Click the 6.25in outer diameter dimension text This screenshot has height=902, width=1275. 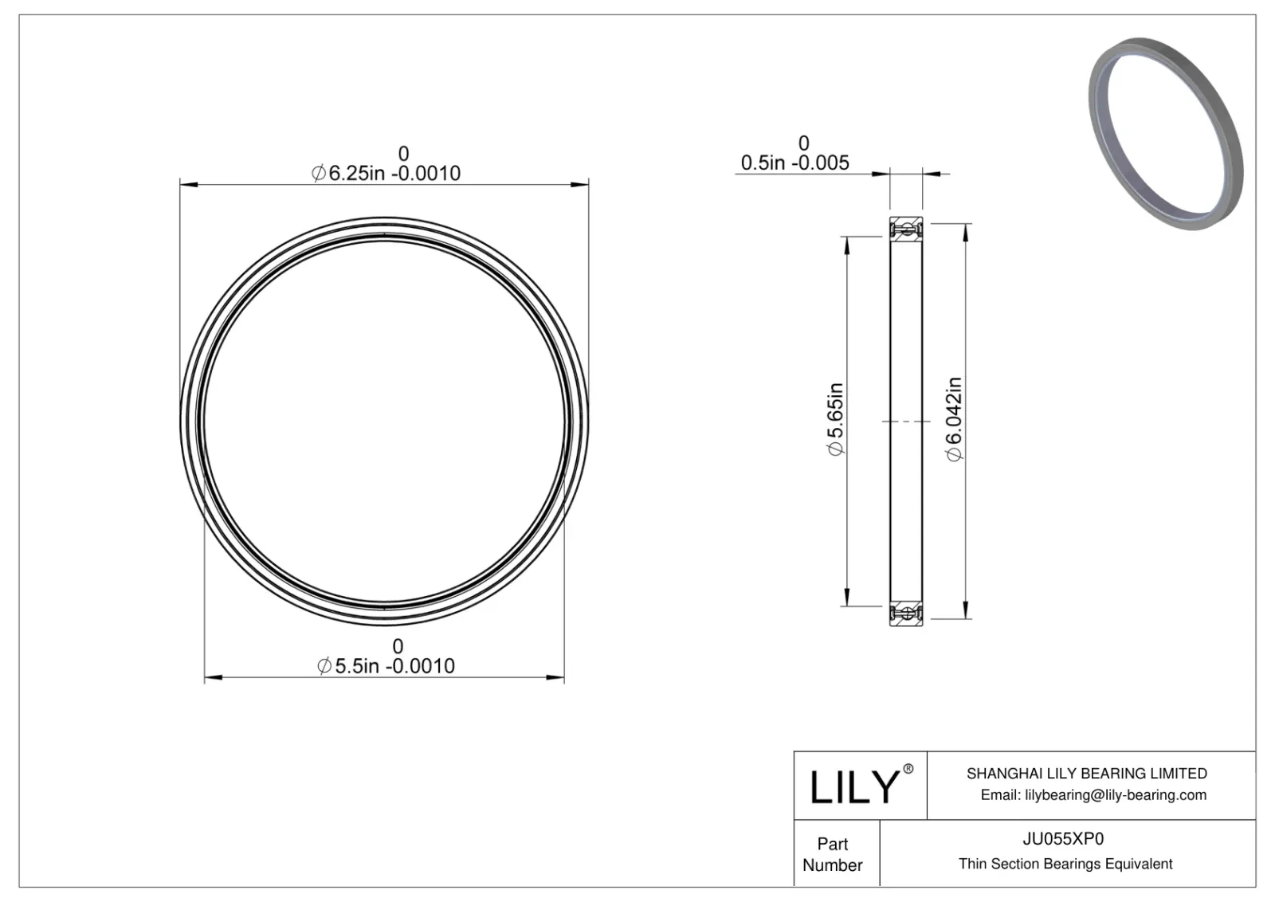[x=386, y=173]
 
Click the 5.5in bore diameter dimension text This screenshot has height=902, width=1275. [x=386, y=666]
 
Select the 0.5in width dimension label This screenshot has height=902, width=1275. [x=794, y=163]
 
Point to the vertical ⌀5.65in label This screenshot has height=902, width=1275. [x=834, y=420]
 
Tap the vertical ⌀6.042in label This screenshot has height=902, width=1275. [x=954, y=419]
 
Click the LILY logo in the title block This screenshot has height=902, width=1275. [x=854, y=787]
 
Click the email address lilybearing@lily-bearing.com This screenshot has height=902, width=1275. [x=1093, y=794]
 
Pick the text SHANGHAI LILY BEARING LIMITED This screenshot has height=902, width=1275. [x=1086, y=773]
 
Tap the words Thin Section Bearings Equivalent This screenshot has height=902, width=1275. [x=1065, y=864]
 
